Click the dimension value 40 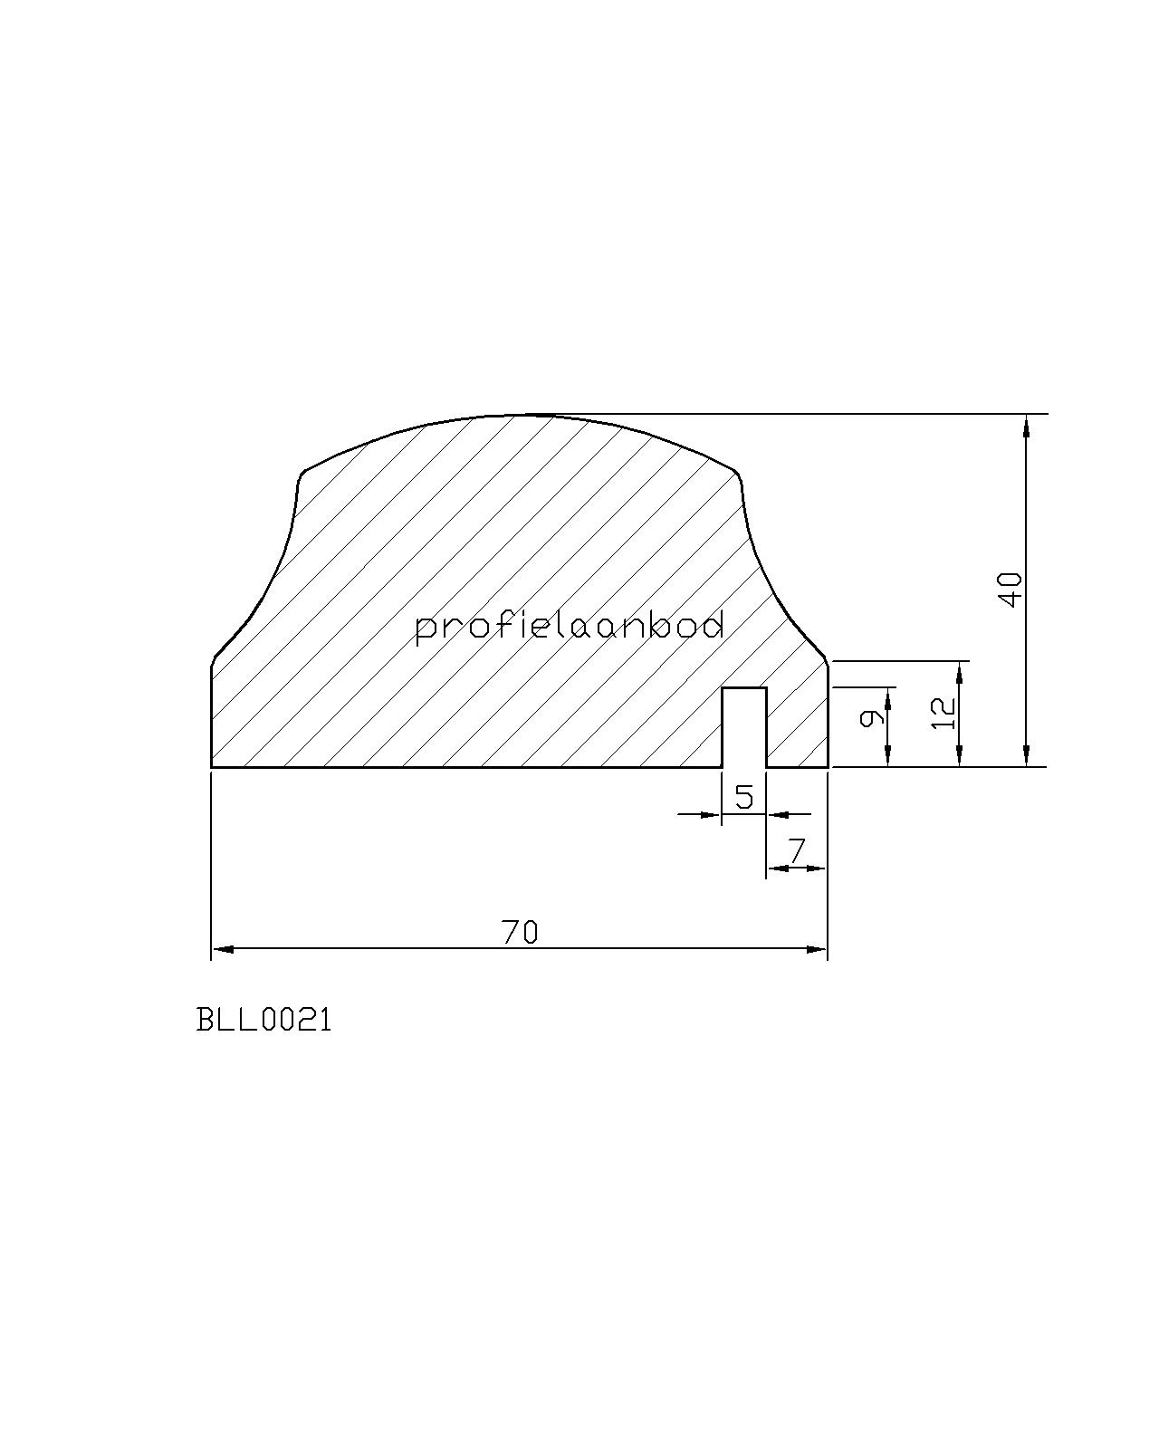pos(1012,590)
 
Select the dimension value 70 pos(520,933)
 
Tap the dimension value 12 pos(943,713)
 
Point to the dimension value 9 pos(871,718)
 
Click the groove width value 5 pos(744,797)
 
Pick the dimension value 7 pos(797,852)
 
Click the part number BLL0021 pos(264,1021)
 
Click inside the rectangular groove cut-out pos(744,727)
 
